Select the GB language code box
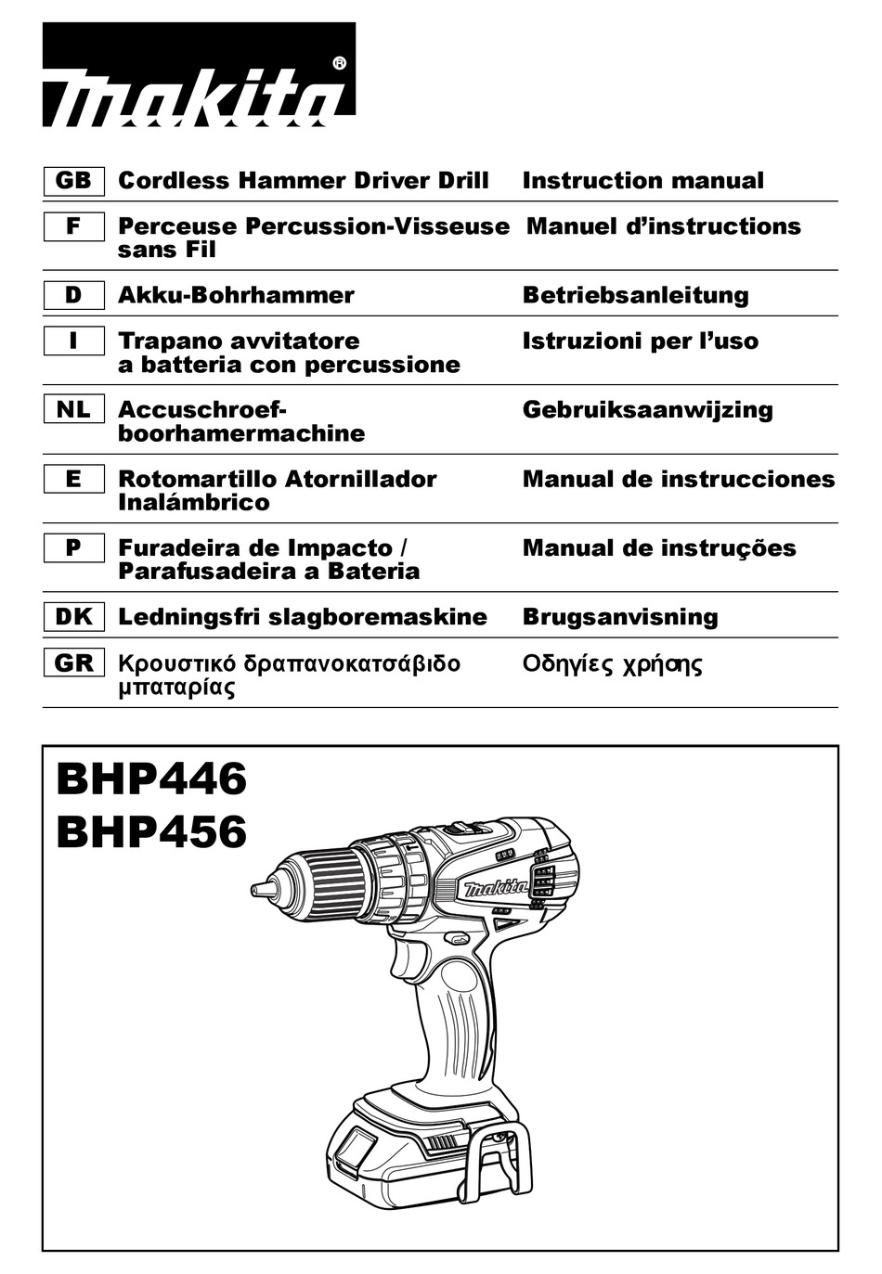click(73, 180)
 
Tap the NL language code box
click(73, 409)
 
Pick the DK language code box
click(73, 617)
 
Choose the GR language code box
click(73, 663)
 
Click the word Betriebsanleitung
click(635, 295)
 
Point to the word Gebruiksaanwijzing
click(647, 409)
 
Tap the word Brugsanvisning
click(620, 617)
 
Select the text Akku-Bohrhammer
click(236, 295)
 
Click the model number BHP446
click(151, 779)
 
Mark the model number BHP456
click(151, 831)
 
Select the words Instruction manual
click(642, 180)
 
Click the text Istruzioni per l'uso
click(640, 341)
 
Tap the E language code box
click(73, 479)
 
